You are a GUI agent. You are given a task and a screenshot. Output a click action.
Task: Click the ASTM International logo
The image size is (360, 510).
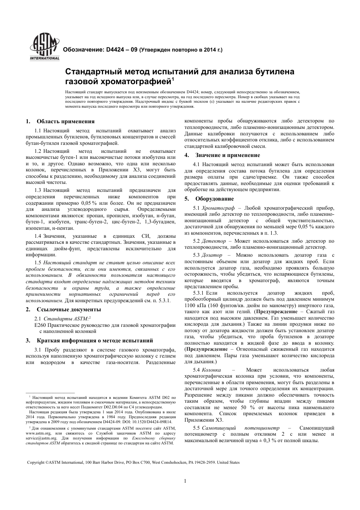point(45,48)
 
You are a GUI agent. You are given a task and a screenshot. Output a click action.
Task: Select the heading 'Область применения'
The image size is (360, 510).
point(66,122)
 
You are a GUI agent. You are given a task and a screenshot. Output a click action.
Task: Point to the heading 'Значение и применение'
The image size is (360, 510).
point(228,155)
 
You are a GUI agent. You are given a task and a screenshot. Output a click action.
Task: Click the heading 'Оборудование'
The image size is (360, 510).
point(214,199)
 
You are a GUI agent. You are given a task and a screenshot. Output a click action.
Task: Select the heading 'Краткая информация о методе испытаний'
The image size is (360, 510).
point(95,340)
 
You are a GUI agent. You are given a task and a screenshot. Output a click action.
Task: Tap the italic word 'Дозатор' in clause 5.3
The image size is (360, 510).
point(212,255)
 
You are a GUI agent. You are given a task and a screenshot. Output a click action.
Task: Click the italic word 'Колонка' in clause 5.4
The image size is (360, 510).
point(211,370)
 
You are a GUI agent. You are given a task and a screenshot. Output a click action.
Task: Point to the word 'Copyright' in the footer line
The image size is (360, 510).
point(36,463)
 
